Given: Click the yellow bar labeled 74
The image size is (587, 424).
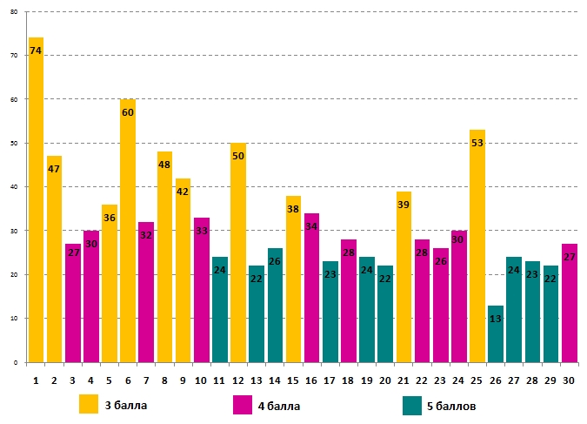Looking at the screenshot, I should [36, 200].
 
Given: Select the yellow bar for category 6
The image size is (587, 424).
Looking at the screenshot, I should [128, 231].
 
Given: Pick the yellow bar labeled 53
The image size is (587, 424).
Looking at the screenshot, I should [477, 246].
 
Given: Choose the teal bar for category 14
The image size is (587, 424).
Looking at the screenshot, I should [275, 305].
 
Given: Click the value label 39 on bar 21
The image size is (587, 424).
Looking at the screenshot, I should [403, 205].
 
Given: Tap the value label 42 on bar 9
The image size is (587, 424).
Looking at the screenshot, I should [183, 192].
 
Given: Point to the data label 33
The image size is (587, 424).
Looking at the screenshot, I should [201, 231].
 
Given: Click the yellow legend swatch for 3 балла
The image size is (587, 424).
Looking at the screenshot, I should [89, 405].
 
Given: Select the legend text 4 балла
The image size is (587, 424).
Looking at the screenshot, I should [277, 406].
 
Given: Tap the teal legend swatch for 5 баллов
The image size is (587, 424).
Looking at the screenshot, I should [413, 405].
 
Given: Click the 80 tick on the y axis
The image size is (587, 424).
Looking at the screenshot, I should [14, 12].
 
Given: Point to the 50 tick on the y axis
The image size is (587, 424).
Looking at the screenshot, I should [14, 144].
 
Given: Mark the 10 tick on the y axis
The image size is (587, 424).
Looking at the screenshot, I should [14, 319].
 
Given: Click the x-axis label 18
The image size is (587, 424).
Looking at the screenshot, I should [348, 380].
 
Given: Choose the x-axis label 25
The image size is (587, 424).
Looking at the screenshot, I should [477, 380].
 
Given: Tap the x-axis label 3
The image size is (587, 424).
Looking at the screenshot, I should [72, 380].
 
